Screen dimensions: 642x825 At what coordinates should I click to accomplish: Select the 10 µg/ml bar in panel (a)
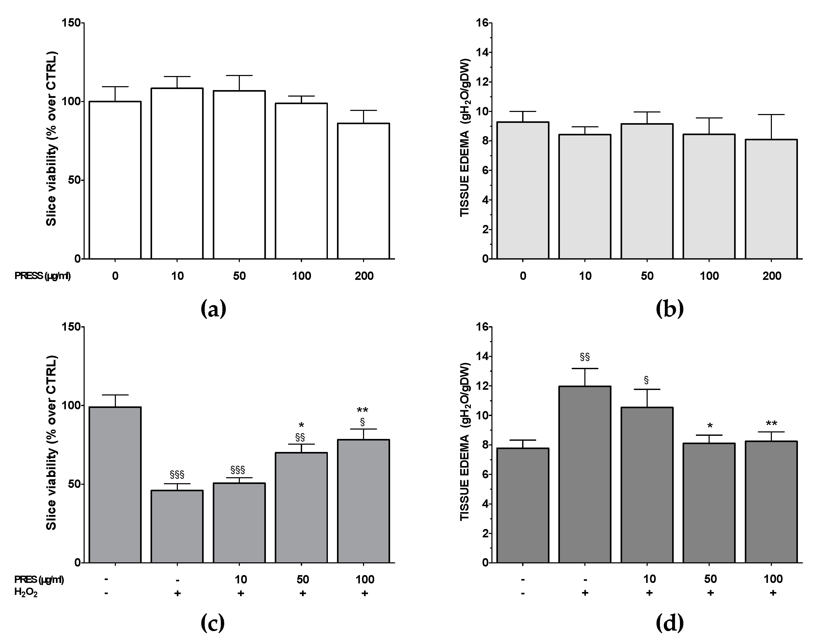click(x=177, y=174)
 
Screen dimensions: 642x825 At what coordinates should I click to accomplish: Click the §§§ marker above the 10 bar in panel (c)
click(x=238, y=470)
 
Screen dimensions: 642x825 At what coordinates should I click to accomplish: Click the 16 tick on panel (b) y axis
click(x=482, y=23)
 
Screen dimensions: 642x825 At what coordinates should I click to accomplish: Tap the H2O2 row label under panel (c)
click(x=26, y=593)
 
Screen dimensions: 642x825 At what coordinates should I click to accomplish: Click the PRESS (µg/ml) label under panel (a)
click(x=42, y=276)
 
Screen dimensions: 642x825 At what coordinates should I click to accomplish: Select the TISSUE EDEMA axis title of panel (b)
click(x=465, y=138)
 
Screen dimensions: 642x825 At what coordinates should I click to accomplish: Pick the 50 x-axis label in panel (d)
click(x=710, y=579)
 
